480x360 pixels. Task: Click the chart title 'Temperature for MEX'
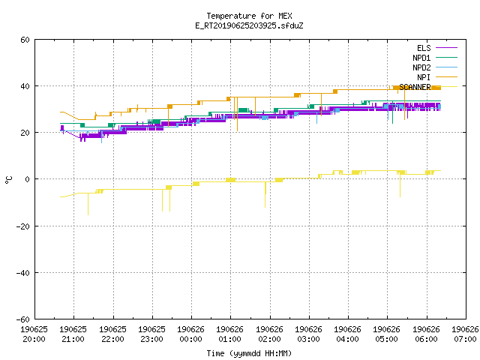tap(249, 16)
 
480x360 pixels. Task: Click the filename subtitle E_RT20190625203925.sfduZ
tap(249, 25)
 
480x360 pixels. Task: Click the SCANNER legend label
tap(415, 87)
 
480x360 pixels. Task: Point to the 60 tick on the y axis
tap(25, 40)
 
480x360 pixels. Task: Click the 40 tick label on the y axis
tap(25, 86)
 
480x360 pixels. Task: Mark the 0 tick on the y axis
tap(28, 179)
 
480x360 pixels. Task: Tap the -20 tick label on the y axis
tap(23, 226)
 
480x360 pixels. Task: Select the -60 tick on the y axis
tap(23, 319)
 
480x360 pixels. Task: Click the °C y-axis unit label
tap(8, 180)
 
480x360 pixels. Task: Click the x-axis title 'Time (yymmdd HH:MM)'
tap(249, 353)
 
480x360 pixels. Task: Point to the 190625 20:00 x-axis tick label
tap(34, 334)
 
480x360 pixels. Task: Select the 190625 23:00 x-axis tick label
tap(151, 334)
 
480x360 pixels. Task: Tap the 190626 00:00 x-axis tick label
tap(190, 334)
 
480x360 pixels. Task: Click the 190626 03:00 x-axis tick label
tap(308, 334)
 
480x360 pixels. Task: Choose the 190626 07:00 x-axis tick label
tap(465, 334)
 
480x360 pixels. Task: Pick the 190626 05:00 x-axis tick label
tap(387, 334)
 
